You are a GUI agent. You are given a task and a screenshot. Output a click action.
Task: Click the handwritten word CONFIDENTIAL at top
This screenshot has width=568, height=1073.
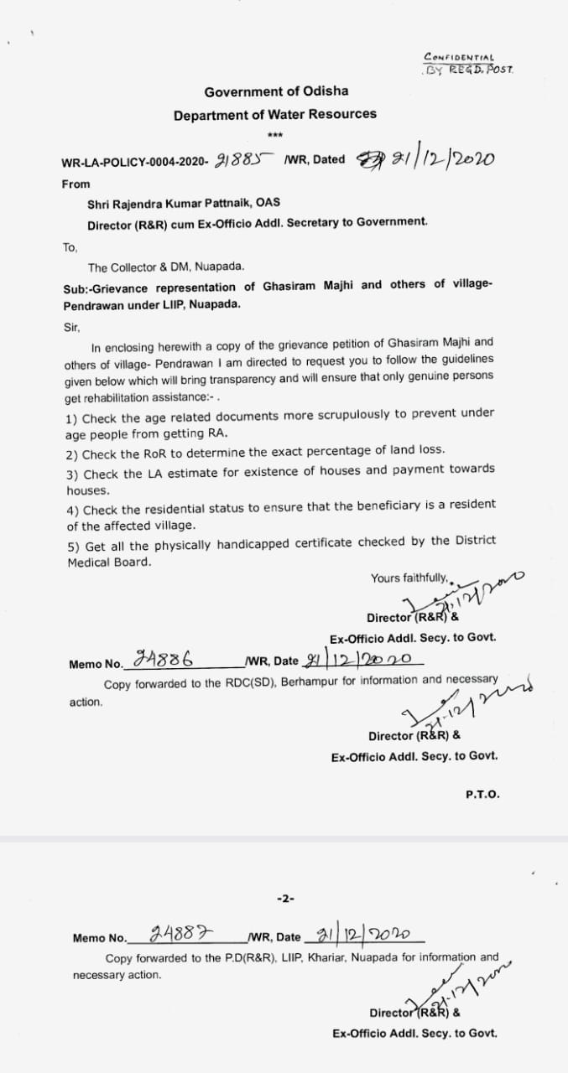tap(459, 57)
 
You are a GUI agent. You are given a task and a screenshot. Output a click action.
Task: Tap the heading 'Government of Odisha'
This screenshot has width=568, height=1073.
tap(276, 91)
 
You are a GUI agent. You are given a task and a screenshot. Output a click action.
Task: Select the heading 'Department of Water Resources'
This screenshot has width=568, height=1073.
tap(275, 114)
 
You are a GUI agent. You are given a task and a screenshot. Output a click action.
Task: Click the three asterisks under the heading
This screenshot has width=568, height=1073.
tap(275, 136)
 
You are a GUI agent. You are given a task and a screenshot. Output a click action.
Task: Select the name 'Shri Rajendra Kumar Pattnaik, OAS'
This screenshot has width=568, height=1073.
tap(184, 203)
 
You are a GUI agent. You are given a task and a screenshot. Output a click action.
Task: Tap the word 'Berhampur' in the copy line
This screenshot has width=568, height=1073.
tap(308, 682)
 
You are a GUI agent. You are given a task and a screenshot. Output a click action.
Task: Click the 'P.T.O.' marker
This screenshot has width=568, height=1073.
tap(482, 794)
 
